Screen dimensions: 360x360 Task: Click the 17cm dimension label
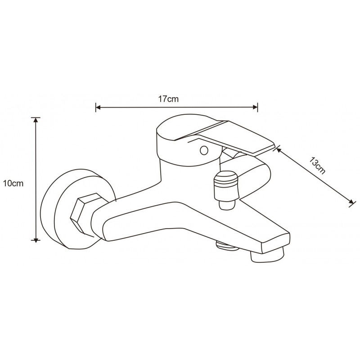[169, 99]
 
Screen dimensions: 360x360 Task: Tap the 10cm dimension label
[12, 184]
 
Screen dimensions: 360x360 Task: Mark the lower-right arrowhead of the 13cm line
[350, 203]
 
